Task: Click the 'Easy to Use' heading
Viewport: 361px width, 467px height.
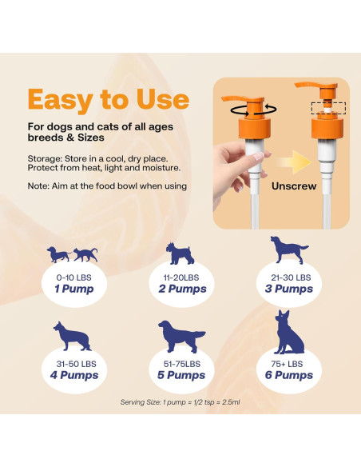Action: point(109,99)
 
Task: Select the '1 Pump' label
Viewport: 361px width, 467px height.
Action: point(73,289)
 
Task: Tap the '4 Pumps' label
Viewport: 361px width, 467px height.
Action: point(73,375)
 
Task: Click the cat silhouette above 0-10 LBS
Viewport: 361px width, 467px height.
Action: point(85,255)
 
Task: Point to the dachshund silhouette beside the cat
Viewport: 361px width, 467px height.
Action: point(59,255)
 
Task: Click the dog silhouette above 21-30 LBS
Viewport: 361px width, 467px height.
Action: point(287,250)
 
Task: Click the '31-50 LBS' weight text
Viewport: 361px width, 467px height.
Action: point(73,363)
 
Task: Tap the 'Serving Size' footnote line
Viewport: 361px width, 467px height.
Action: point(180,401)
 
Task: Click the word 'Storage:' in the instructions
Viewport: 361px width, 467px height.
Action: point(49,158)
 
